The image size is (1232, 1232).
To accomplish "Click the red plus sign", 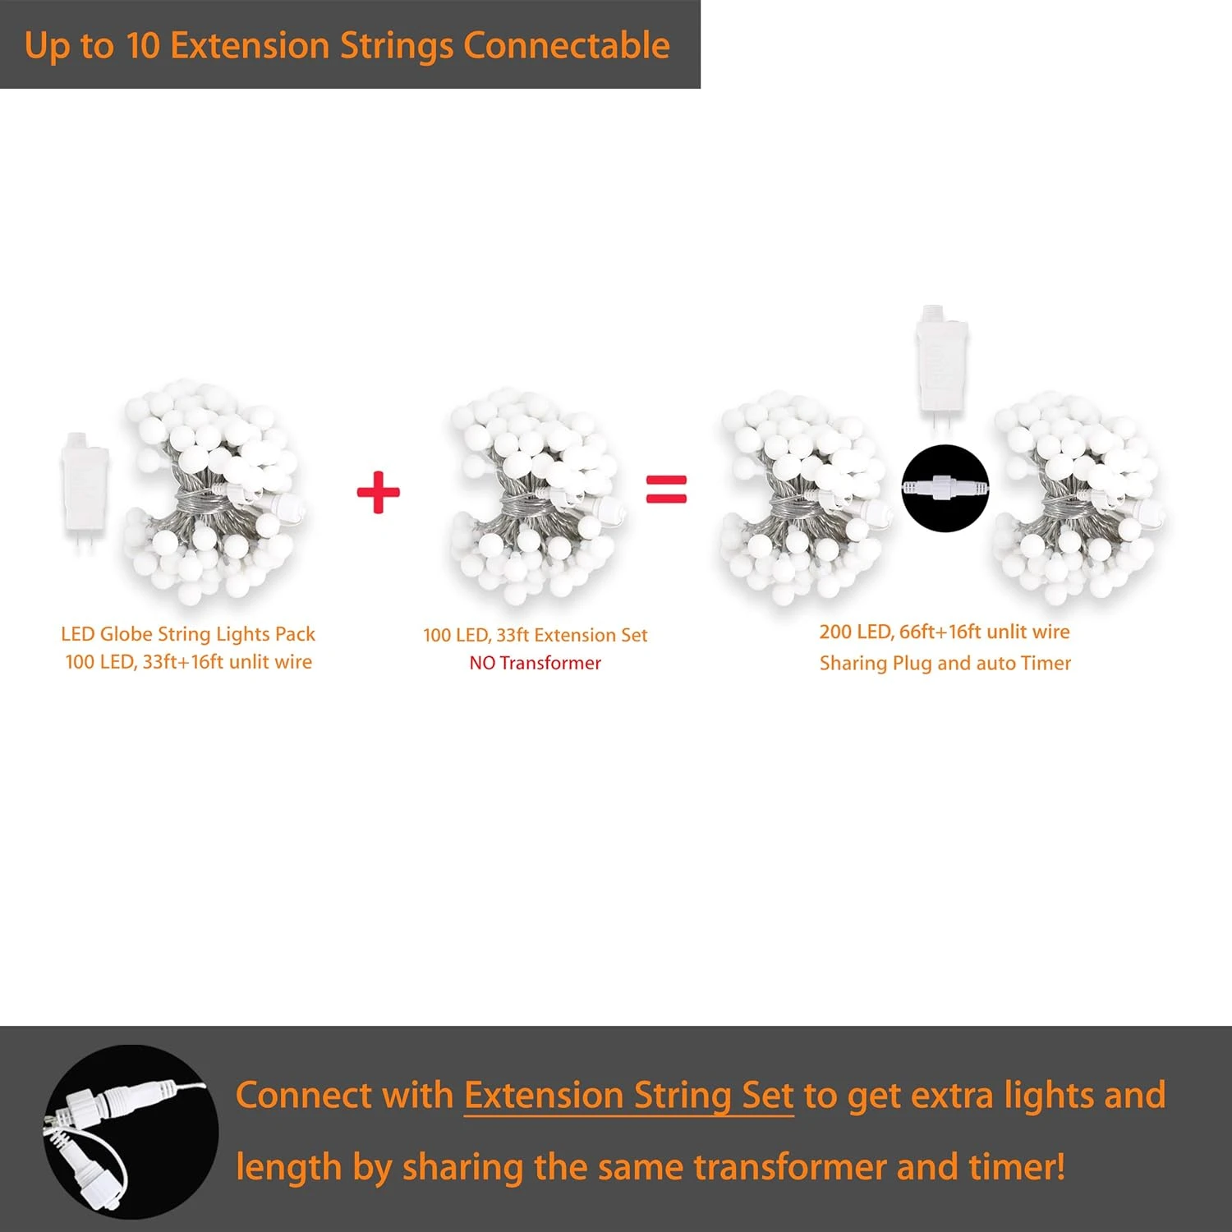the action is pos(378,492).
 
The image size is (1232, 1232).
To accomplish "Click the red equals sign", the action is pos(666,489).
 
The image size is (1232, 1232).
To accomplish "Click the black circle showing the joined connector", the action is pos(945,488).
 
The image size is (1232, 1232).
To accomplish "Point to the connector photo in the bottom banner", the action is pos(131,1132).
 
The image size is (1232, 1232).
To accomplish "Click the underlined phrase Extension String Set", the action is pos(629,1096).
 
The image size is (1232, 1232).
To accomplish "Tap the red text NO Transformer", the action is pos(536,663).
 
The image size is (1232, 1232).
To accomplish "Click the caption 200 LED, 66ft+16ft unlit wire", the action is pos(945,632).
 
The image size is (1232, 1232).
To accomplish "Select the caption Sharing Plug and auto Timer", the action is pos(945,663).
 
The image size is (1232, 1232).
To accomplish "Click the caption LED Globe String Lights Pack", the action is pos(188,634).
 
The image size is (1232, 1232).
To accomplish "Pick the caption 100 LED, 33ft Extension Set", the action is pos(536,635).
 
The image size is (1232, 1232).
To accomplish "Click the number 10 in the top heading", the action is pos(143,46).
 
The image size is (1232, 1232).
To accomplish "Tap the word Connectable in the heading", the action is pos(567,46).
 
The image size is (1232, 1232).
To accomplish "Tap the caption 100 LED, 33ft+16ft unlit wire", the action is pos(189,662).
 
